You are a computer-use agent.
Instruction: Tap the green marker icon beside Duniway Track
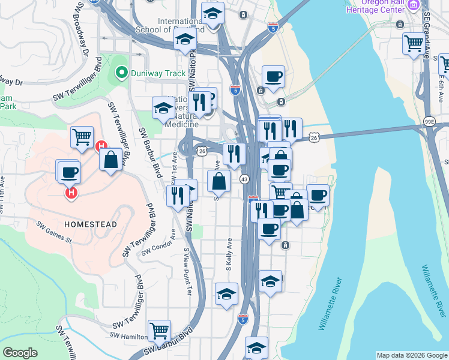point(121,74)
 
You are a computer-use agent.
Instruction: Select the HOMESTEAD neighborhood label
point(90,224)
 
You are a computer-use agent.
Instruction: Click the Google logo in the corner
point(20,353)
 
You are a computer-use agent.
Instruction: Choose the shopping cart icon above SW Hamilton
point(159,329)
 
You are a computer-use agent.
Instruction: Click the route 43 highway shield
point(244,179)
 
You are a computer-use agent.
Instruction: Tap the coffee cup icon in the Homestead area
point(68,172)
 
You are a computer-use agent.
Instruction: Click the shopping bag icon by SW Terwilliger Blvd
point(111,160)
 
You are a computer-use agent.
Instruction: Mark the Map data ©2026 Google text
point(412,355)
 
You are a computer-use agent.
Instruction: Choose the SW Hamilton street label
point(128,338)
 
